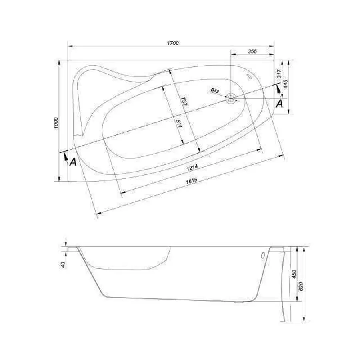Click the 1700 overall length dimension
[173, 43]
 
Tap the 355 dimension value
[252, 51]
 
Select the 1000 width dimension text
[56, 124]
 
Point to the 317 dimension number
[280, 74]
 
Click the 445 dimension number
[285, 84]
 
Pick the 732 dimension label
[184, 102]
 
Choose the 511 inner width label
[179, 124]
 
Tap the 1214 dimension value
[192, 168]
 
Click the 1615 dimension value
[192, 181]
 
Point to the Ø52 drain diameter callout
[215, 91]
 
